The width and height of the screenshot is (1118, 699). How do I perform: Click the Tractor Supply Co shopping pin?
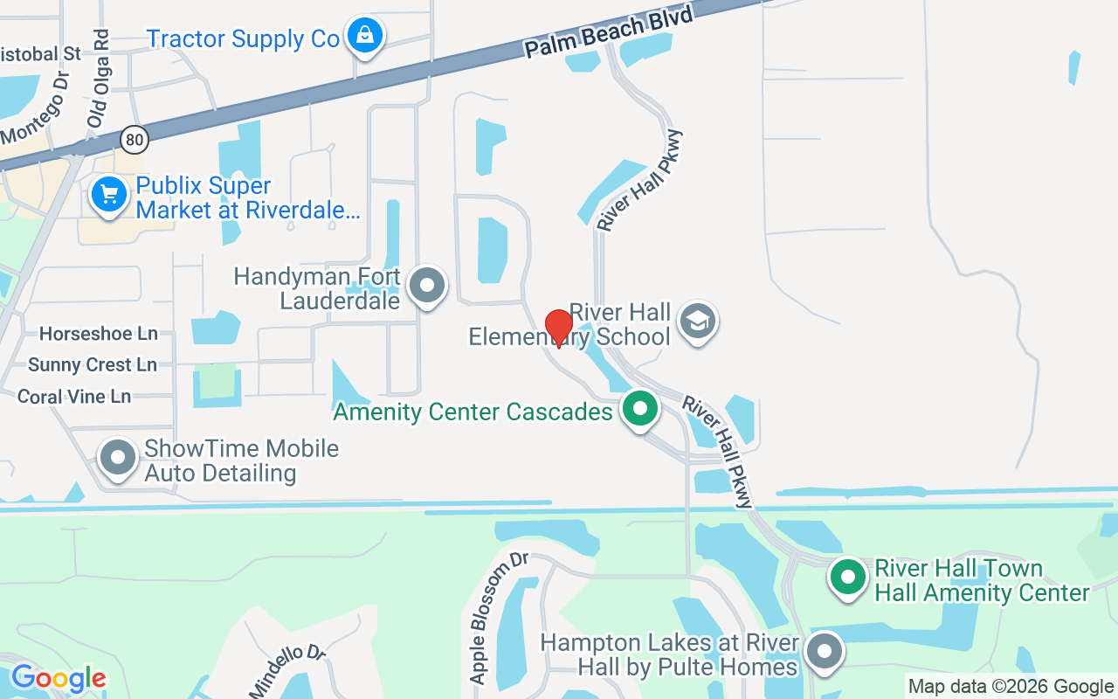[363, 37]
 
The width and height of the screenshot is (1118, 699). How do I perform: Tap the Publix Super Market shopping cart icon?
[109, 194]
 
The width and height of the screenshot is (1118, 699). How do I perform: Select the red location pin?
[558, 329]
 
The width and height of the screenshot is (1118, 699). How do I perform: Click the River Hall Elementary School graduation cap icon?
[697, 321]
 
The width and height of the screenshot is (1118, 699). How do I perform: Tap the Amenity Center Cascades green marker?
[640, 409]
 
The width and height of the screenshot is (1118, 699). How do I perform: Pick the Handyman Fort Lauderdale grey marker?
[427, 285]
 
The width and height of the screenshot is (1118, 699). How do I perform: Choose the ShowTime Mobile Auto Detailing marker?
[118, 457]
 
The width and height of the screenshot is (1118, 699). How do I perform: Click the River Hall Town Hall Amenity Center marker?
[846, 578]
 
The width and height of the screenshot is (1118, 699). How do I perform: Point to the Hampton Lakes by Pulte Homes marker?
[824, 652]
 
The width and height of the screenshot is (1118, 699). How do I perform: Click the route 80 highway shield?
[134, 138]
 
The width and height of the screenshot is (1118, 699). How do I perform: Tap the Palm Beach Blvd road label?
[609, 32]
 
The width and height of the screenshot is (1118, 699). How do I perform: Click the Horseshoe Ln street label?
[99, 334]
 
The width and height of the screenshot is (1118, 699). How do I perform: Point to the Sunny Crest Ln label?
[93, 364]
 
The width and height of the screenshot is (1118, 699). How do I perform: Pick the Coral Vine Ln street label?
[74, 397]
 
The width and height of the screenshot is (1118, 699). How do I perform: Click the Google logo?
[59, 678]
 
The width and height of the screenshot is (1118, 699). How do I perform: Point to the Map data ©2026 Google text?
[1010, 687]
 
